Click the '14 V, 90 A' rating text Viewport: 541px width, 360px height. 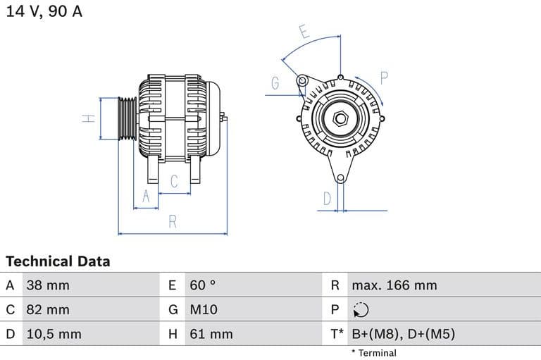(x=44, y=12)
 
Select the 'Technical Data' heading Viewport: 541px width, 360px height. (x=58, y=261)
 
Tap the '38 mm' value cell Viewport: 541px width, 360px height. (x=48, y=285)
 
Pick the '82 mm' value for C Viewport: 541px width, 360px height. (x=48, y=310)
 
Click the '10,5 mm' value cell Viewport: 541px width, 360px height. (x=54, y=334)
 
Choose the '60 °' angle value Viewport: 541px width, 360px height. (x=203, y=285)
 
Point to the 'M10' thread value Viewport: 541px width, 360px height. (x=204, y=310)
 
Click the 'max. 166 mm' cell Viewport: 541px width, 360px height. (x=394, y=285)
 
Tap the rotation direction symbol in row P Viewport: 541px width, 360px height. (x=361, y=310)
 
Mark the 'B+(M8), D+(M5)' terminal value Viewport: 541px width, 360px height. (x=403, y=334)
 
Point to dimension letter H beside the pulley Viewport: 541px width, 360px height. (x=88, y=118)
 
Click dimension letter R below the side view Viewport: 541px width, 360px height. (x=173, y=222)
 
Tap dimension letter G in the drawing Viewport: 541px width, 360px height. (x=275, y=83)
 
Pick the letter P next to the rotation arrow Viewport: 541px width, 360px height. (x=385, y=77)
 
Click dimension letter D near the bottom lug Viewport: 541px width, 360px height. (x=327, y=199)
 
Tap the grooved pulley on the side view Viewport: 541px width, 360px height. (x=126, y=118)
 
